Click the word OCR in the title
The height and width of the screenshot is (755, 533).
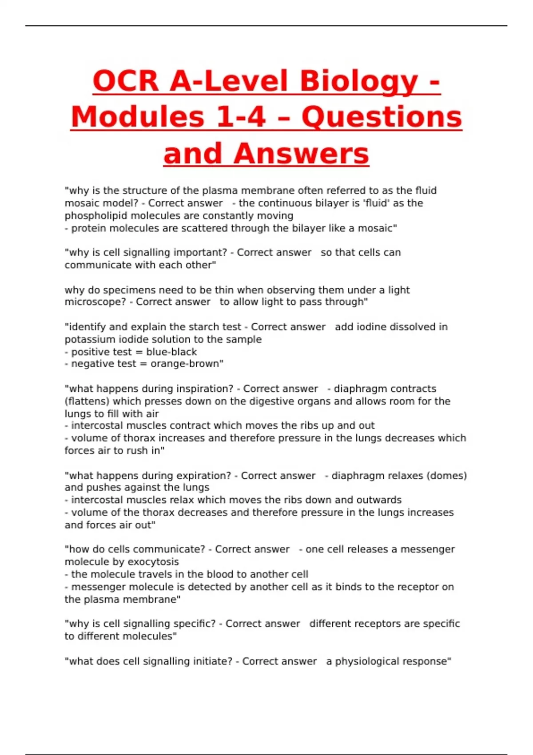coord(126,81)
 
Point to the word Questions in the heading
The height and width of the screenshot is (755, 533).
coord(382,118)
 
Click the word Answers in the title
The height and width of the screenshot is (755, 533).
coord(301,154)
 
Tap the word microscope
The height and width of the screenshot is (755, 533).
coord(94,302)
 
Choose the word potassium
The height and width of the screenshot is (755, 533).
coord(90,339)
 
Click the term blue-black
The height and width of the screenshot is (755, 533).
coord(171,352)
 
